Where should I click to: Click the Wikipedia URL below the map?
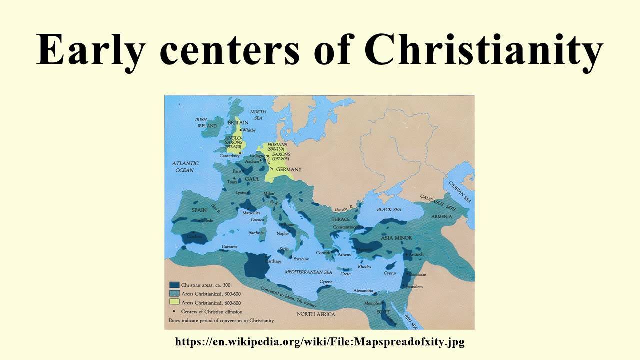tap(320, 342)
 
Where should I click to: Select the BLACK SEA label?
tap(389, 209)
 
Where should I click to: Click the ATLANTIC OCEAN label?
tap(185, 167)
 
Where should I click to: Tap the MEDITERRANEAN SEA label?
tap(308, 272)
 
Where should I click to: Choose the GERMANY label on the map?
tap(289, 169)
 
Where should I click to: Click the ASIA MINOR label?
tap(396, 238)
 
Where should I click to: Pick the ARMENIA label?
tap(442, 216)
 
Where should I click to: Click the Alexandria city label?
tap(363, 290)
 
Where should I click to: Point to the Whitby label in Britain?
tap(248, 130)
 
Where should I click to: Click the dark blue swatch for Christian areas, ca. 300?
tap(174, 284)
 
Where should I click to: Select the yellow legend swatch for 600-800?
tap(174, 302)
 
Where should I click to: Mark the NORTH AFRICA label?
tap(316, 314)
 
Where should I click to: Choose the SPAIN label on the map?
tap(199, 210)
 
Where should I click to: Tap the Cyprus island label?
tap(390, 273)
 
